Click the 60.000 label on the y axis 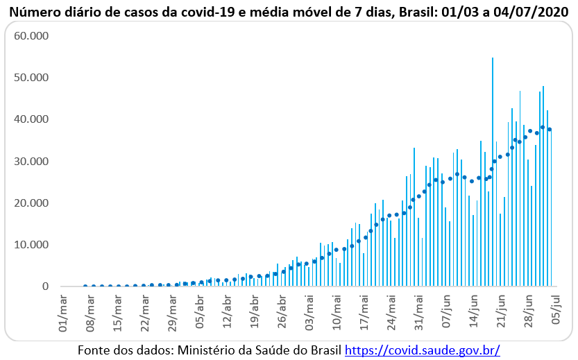click(x=30, y=35)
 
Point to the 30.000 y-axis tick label click(x=30, y=161)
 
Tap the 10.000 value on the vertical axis click(x=30, y=245)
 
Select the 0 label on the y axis click(x=45, y=286)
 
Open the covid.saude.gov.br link click(x=422, y=350)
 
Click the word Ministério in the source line click(x=200, y=350)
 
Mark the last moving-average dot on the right click(x=550, y=130)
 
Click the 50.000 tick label click(x=30, y=77)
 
